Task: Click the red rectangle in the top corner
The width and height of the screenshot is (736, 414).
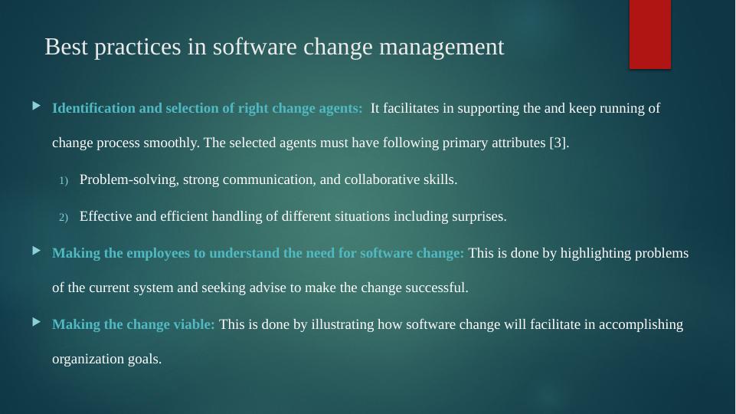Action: pyautogui.click(x=649, y=34)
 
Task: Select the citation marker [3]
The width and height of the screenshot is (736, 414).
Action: pyautogui.click(x=558, y=143)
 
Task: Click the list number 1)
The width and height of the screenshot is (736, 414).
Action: pyautogui.click(x=64, y=181)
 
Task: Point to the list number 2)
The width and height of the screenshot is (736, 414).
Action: pyautogui.click(x=64, y=217)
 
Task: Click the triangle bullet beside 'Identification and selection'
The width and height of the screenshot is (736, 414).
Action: pyautogui.click(x=37, y=106)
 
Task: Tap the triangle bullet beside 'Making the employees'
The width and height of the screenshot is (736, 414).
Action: pyautogui.click(x=37, y=251)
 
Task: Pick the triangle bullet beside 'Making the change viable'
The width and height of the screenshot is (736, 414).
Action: pyautogui.click(x=37, y=322)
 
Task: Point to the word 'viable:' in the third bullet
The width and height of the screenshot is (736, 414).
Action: pyautogui.click(x=194, y=324)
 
